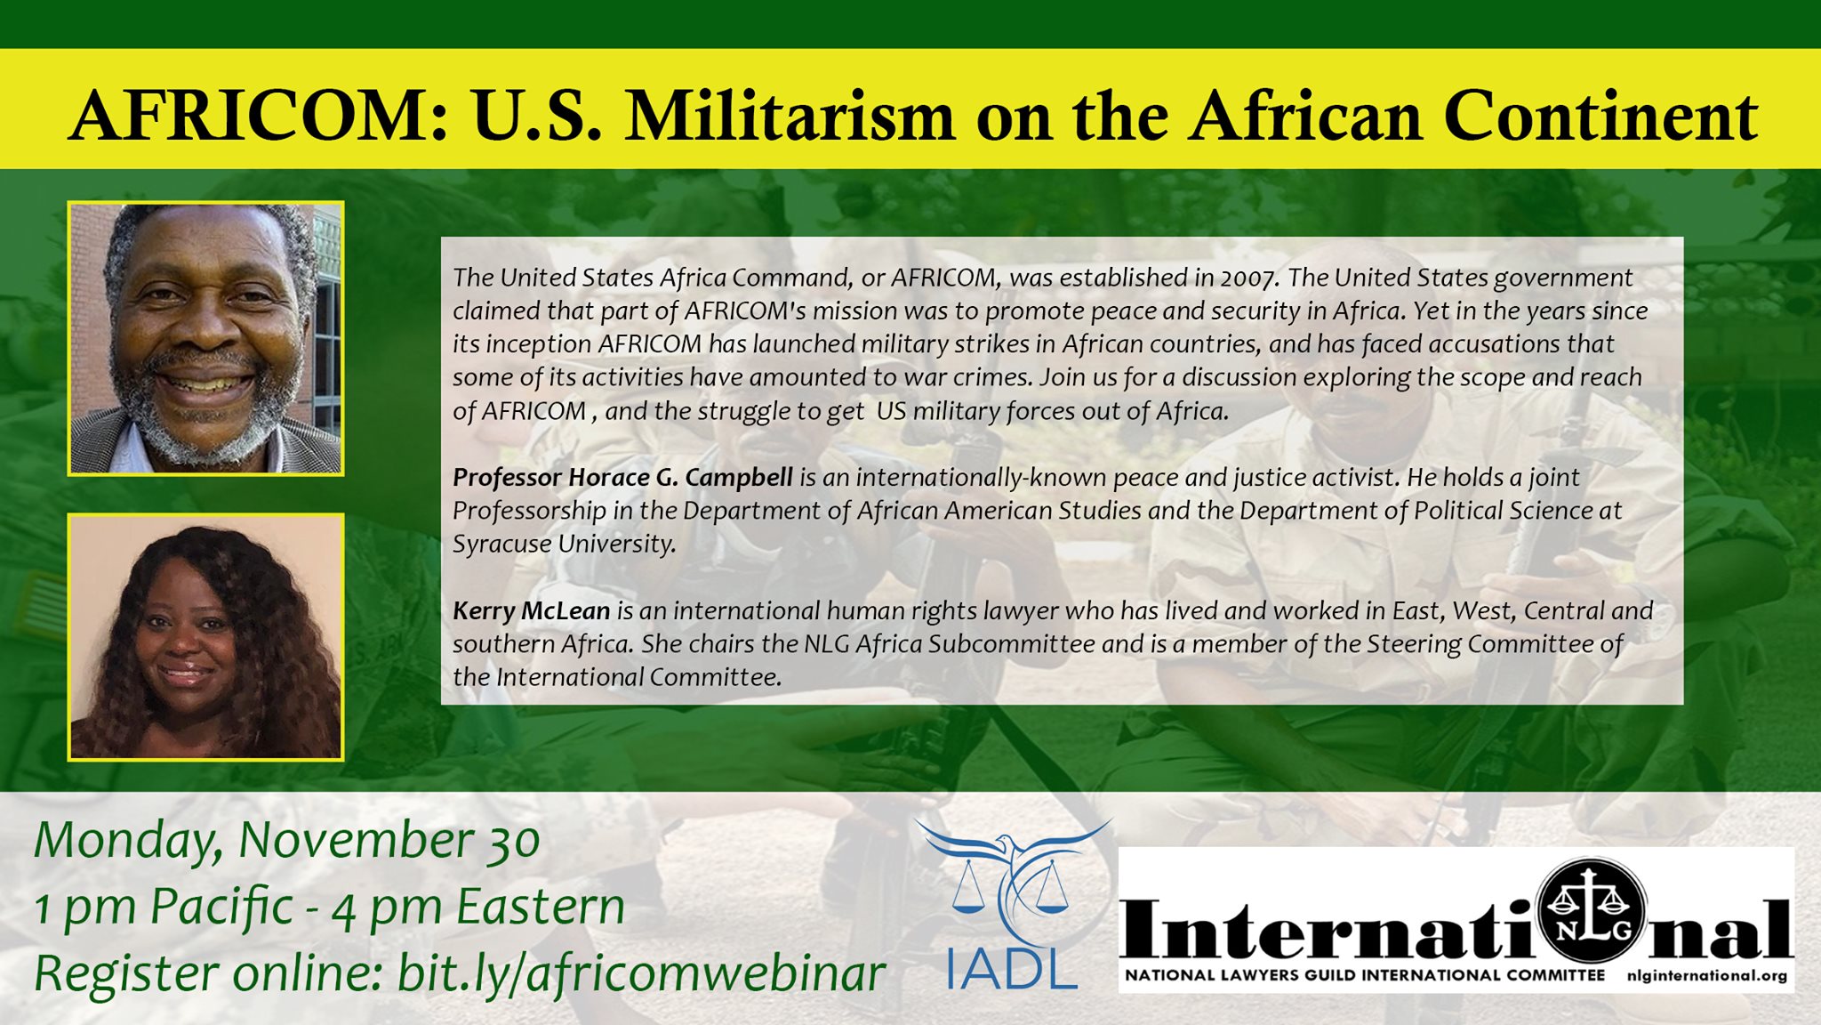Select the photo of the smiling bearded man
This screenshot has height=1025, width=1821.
click(205, 338)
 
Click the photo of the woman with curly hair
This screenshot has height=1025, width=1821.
click(205, 637)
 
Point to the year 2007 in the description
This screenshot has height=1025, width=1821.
click(1249, 278)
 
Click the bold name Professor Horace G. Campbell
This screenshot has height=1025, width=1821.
click(622, 478)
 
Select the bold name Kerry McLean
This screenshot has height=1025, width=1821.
click(532, 610)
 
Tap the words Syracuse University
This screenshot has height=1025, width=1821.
click(565, 545)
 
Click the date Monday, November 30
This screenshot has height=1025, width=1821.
click(287, 841)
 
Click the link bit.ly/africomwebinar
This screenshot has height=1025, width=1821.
click(640, 974)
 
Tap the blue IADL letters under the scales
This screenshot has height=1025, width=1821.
click(1011, 966)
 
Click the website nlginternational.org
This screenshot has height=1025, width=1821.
click(1707, 975)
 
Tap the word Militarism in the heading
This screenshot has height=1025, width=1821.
click(790, 117)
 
